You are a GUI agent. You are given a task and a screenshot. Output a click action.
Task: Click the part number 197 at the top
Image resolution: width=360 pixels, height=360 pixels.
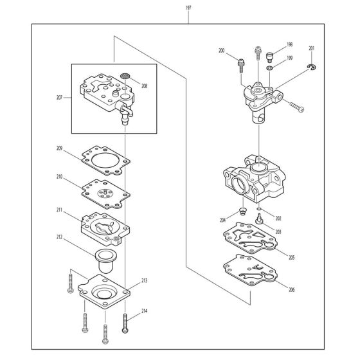pyautogui.click(x=188, y=8)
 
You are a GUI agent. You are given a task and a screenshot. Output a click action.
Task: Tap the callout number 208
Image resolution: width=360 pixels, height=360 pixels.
pyautogui.click(x=144, y=86)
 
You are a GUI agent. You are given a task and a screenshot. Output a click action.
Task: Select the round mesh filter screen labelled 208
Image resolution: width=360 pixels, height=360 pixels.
pyautogui.click(x=125, y=76)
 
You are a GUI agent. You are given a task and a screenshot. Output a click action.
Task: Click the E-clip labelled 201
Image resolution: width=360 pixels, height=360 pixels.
pyautogui.click(x=312, y=67)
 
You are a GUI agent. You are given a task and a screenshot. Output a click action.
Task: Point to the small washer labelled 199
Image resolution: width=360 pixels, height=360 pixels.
pyautogui.click(x=269, y=68)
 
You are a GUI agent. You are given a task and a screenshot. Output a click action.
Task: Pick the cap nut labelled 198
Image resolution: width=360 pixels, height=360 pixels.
pyautogui.click(x=269, y=57)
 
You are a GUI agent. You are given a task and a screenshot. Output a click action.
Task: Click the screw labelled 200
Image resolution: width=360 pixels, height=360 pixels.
pyautogui.click(x=241, y=66)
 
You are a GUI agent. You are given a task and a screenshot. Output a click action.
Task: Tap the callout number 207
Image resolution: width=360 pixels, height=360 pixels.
pyautogui.click(x=59, y=98)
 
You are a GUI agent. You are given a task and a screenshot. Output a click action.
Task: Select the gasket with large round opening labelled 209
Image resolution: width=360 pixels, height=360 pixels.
pyautogui.click(x=106, y=161)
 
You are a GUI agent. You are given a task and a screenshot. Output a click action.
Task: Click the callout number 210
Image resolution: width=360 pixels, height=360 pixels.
pyautogui.click(x=59, y=177)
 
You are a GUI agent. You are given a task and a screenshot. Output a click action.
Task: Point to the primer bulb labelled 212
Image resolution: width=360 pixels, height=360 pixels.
pyautogui.click(x=105, y=261)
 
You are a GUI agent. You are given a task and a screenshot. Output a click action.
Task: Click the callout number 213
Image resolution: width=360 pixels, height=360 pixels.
pyautogui.click(x=144, y=280)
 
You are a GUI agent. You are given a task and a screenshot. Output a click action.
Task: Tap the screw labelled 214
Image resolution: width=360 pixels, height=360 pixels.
pyautogui.click(x=125, y=323)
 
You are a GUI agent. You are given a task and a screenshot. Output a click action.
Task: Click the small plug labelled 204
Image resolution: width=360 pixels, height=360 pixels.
pyautogui.click(x=242, y=212)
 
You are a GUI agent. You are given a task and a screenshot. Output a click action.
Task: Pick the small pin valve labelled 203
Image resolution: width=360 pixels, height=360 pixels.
pyautogui.click(x=258, y=219)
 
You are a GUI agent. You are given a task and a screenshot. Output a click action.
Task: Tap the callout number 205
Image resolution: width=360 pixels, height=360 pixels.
pyautogui.click(x=291, y=258)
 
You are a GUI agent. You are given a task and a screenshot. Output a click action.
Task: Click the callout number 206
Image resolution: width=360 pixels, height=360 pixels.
pyautogui.click(x=291, y=290)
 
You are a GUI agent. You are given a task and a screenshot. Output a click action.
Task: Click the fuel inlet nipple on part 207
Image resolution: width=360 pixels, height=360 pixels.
pyautogui.click(x=125, y=120)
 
